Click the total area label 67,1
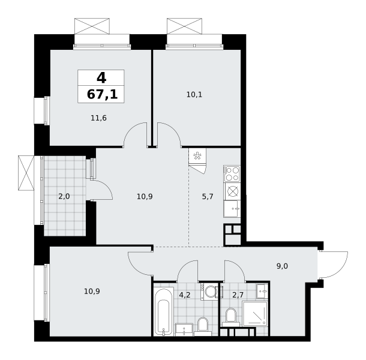(x=102, y=95)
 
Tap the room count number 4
(x=101, y=77)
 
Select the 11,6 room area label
(x=98, y=118)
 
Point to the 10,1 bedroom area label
(x=194, y=95)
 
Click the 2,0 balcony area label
(x=64, y=196)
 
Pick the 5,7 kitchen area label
(x=208, y=197)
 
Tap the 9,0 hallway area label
(x=282, y=266)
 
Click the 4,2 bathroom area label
(x=185, y=295)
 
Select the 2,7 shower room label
(x=238, y=295)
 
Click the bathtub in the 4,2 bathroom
(x=164, y=311)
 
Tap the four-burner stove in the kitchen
(x=232, y=174)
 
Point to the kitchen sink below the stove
(x=232, y=209)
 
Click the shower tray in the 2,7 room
(x=255, y=314)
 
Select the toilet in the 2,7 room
(x=231, y=317)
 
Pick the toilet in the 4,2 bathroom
(x=203, y=326)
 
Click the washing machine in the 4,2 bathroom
(x=209, y=292)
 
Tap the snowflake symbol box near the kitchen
(x=197, y=156)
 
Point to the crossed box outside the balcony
(x=26, y=173)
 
